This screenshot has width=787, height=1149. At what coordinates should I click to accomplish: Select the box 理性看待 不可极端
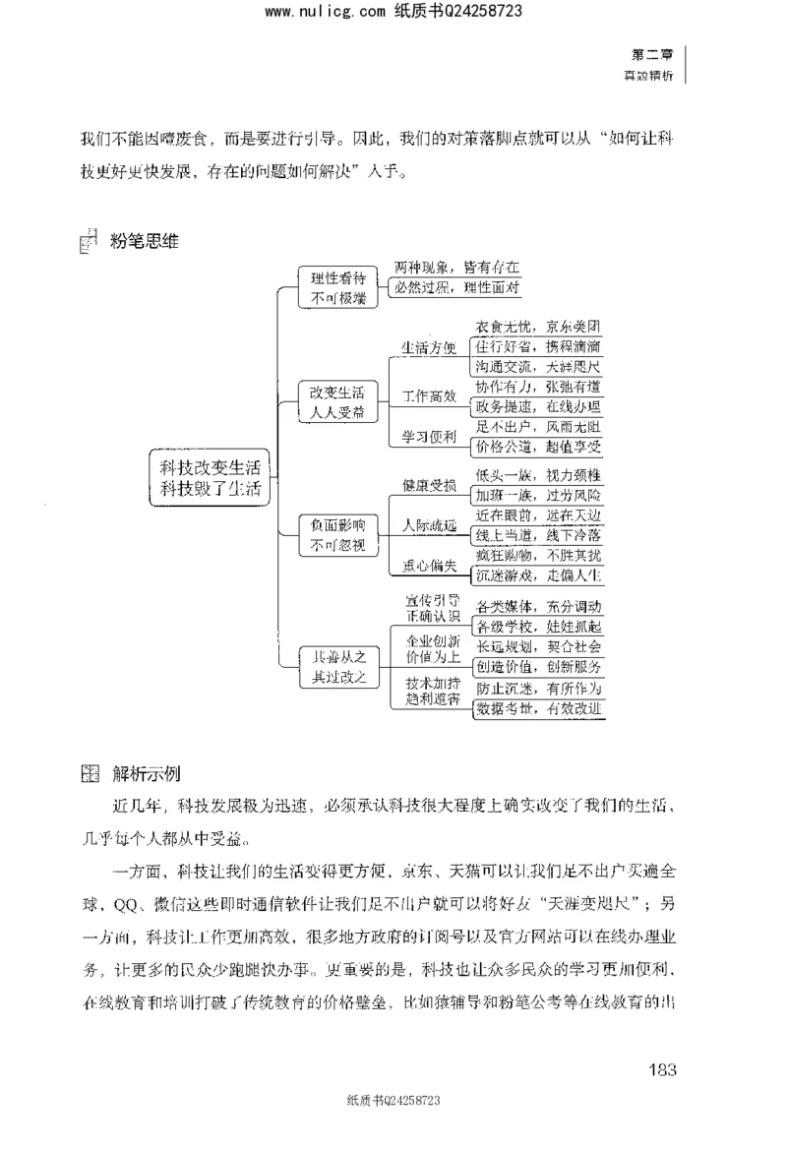click(337, 286)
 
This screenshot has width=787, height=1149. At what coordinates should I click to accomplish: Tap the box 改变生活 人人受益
click(337, 401)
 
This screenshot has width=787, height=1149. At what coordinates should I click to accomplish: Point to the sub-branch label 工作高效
click(429, 396)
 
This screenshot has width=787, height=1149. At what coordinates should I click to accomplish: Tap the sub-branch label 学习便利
click(429, 436)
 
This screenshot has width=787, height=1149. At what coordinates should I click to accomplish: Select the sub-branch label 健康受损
click(429, 485)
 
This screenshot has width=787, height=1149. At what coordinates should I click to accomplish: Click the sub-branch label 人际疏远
click(429, 526)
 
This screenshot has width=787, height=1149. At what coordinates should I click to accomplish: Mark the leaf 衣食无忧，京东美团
click(538, 326)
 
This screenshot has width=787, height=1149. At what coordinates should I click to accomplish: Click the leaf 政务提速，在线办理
click(538, 405)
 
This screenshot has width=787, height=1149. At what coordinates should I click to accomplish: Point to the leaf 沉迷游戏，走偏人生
click(538, 574)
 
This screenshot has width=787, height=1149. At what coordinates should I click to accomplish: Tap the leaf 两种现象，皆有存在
click(456, 267)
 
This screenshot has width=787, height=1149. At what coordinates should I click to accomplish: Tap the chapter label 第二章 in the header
click(650, 56)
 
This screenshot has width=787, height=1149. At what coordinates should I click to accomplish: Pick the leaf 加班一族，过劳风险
click(538, 494)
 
